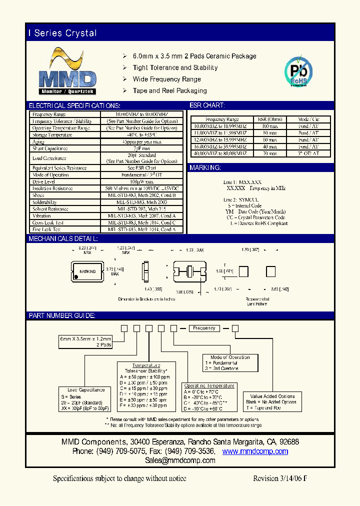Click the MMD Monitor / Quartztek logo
[67, 72]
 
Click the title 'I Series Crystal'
[62, 33]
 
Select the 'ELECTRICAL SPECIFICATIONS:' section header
[74, 106]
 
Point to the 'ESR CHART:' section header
[207, 106]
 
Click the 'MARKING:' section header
[205, 168]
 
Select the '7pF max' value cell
[142, 148]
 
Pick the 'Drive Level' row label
[44, 181]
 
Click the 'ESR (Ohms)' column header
[270, 119]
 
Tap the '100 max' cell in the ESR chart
[270, 126]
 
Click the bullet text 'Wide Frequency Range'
[167, 79]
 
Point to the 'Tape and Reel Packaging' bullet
[169, 90]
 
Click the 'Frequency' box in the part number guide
[204, 328]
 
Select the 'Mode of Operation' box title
[230, 357]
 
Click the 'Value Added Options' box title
[272, 396]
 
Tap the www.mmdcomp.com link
[255, 451]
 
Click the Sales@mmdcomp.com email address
[180, 460]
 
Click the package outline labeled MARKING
[87, 271]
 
